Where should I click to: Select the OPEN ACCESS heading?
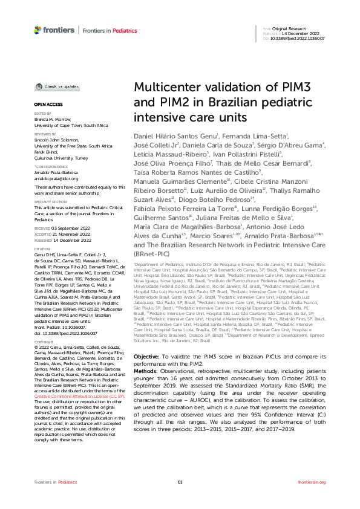[x=44, y=105]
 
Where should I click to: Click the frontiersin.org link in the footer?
[x=312, y=499]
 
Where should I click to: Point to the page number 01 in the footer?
[x=180, y=499]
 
